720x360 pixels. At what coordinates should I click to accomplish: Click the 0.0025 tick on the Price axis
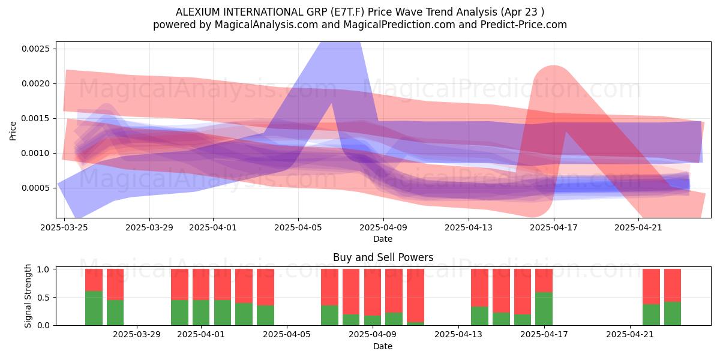(x=35, y=49)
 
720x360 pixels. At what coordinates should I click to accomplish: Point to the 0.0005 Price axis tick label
(x=35, y=188)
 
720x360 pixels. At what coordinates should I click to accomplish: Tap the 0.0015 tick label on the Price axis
(x=35, y=119)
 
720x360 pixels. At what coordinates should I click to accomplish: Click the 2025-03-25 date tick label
(x=64, y=227)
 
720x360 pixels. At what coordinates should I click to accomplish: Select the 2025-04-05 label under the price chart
(x=298, y=227)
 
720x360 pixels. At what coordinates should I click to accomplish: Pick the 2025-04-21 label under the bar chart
(x=629, y=335)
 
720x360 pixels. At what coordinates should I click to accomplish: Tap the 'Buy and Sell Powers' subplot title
(x=383, y=257)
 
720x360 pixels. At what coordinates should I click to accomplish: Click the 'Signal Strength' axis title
(x=28, y=296)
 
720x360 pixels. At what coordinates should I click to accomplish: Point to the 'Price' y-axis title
(x=13, y=131)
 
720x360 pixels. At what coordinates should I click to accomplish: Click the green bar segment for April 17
(x=544, y=308)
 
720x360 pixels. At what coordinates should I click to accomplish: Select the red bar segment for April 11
(x=415, y=296)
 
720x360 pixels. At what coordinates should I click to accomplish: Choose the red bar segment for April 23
(x=673, y=286)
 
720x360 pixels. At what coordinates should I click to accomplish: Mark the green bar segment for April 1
(x=201, y=313)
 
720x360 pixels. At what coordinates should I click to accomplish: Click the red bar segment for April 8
(x=351, y=292)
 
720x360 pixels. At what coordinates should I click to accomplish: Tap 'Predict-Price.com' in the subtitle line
(x=524, y=25)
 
